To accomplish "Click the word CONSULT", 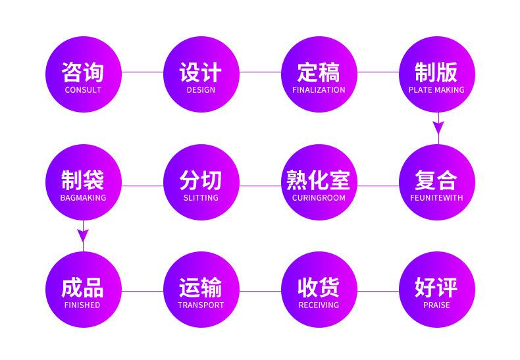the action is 83,90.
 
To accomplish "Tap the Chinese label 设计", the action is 201,72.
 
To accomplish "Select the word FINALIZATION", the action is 319,90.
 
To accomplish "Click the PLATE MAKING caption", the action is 436,90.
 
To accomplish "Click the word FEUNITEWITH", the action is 436,197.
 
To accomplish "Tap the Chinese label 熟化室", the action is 319,180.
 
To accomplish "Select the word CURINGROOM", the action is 319,197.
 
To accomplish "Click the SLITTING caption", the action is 201,197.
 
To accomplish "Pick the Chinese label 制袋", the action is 83,180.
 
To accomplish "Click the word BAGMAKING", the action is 83,197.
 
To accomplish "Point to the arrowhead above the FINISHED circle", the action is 83,235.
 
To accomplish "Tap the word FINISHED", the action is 83,305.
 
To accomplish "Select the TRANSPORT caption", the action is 201,305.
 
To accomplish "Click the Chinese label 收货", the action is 319,288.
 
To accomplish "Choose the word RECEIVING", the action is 319,305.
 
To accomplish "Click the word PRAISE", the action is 436,305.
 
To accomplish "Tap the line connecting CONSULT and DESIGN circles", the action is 142,72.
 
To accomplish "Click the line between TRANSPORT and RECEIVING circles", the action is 260,290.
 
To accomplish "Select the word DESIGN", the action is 201,90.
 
